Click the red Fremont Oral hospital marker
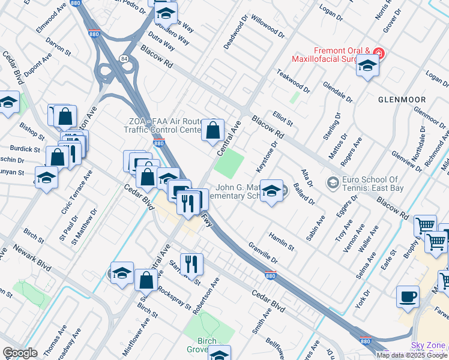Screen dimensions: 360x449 pyautogui.click(x=378, y=53)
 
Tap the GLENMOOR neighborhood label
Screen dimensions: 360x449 pyautogui.click(x=402, y=99)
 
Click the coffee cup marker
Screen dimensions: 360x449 pyautogui.click(x=408, y=296)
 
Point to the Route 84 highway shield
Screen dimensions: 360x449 pyautogui.click(x=123, y=58)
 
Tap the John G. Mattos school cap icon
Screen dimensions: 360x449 pyautogui.click(x=271, y=191)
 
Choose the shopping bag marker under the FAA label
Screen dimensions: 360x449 pyautogui.click(x=212, y=130)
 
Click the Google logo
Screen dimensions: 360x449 pyautogui.click(x=20, y=353)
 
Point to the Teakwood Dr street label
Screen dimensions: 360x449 pyautogui.click(x=293, y=80)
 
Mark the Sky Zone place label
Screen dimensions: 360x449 pyautogui.click(x=429, y=345)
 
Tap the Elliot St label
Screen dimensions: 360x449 pyautogui.click(x=282, y=118)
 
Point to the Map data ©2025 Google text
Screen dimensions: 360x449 pyautogui.click(x=411, y=355)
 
